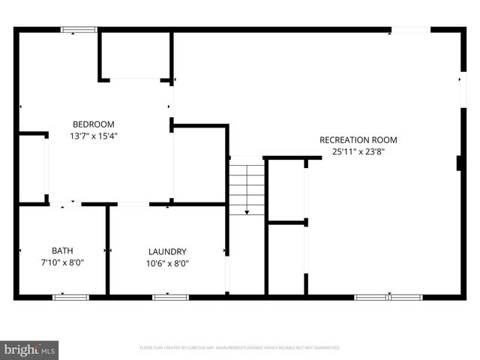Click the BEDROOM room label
(x=93, y=124)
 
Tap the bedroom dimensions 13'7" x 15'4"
(x=93, y=136)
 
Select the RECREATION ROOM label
(x=358, y=139)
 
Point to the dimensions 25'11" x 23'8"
(x=358, y=151)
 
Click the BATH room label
(x=62, y=251)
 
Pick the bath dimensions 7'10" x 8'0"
(x=62, y=262)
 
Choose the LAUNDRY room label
(x=167, y=251)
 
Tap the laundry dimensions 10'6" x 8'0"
(x=167, y=262)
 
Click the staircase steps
(x=247, y=184)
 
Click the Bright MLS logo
(x=29, y=349)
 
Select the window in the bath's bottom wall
(x=70, y=297)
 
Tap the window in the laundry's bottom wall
(x=170, y=297)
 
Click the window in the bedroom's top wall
(x=79, y=30)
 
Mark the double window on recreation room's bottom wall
(x=388, y=297)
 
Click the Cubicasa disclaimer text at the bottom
(x=240, y=348)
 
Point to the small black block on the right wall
(x=458, y=163)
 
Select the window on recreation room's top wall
(x=410, y=30)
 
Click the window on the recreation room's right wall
(x=462, y=89)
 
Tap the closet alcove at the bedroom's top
(x=135, y=55)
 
